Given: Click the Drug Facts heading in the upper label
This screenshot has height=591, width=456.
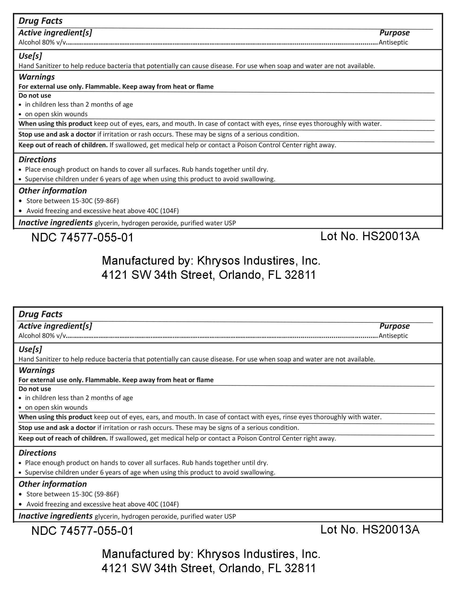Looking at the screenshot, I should (x=40, y=21).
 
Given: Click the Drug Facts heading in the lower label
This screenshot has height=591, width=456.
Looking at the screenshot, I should (x=40, y=314).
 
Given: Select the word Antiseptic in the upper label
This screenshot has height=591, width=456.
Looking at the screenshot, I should (x=393, y=42).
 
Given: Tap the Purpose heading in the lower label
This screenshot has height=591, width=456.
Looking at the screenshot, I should (x=394, y=326).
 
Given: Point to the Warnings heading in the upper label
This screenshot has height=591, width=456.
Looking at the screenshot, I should (x=36, y=77).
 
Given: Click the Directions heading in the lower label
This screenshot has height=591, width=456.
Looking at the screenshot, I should (x=37, y=453).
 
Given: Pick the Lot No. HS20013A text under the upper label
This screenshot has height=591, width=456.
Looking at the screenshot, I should (x=370, y=236).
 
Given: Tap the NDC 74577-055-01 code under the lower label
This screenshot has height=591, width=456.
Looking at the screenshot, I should (x=82, y=531).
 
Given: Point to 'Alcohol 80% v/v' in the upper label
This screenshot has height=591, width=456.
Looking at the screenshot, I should (x=42, y=42).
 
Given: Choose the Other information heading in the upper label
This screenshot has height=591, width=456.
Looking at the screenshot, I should (x=53, y=191).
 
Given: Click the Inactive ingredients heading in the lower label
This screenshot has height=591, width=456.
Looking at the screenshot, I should (x=55, y=516).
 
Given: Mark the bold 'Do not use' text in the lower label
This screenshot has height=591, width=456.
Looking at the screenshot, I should (x=35, y=389).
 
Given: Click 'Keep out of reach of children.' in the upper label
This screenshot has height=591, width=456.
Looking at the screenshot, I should (x=63, y=145).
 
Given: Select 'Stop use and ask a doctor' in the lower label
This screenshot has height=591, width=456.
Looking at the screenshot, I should (x=57, y=428).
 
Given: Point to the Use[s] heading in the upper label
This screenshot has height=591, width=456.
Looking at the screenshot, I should (x=30, y=56).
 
